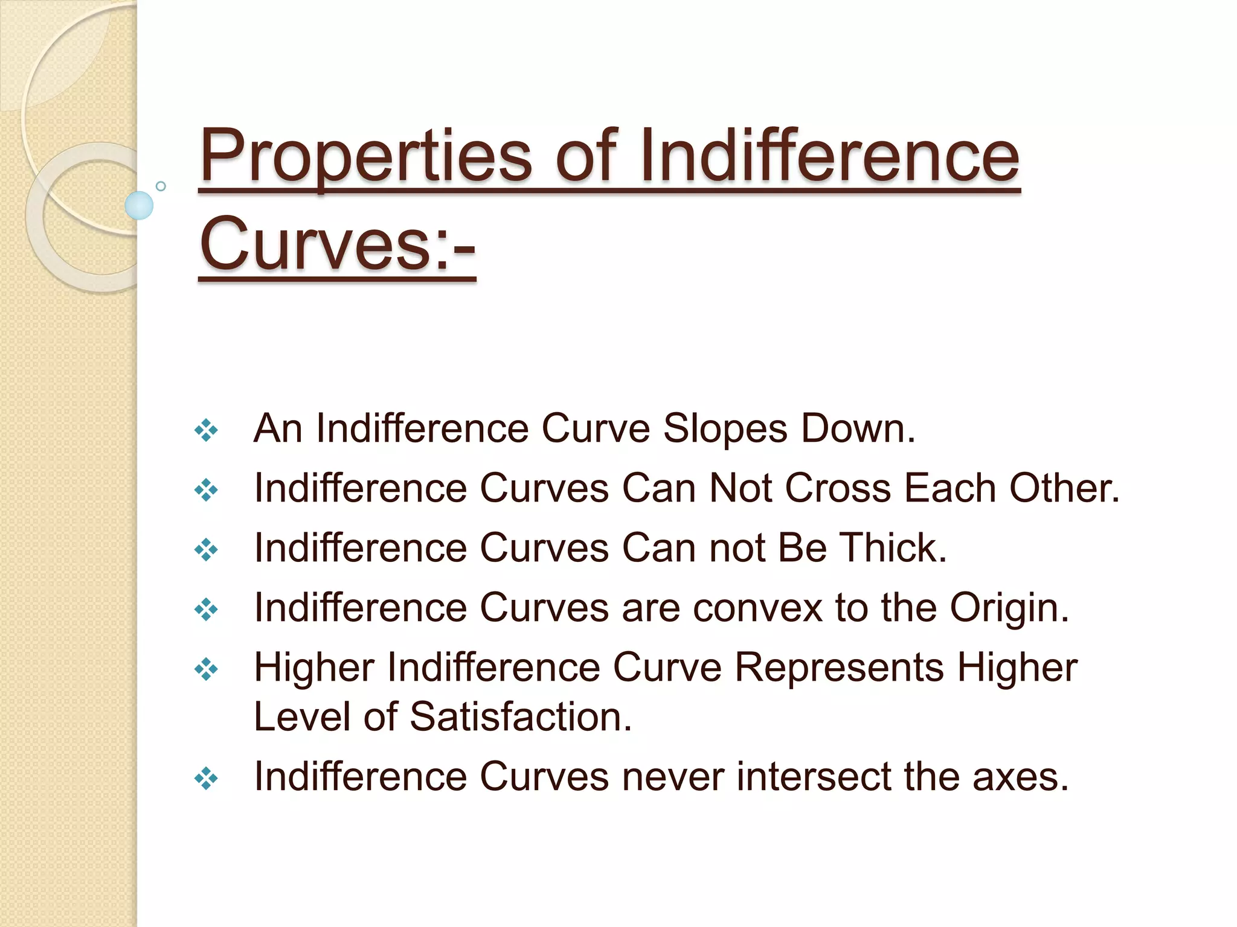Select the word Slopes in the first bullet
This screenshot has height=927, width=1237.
point(725,428)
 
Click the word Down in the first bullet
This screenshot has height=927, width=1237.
point(858,428)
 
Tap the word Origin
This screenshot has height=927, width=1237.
point(1009,608)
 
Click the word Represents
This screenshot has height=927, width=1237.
point(839,667)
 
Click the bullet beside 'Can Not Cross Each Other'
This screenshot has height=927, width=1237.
point(206,490)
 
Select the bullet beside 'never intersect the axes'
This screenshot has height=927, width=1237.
point(206,779)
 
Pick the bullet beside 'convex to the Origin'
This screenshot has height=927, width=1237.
point(206,610)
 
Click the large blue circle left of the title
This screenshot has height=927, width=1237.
point(139,205)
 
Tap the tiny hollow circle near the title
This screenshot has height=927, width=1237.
point(161,186)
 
